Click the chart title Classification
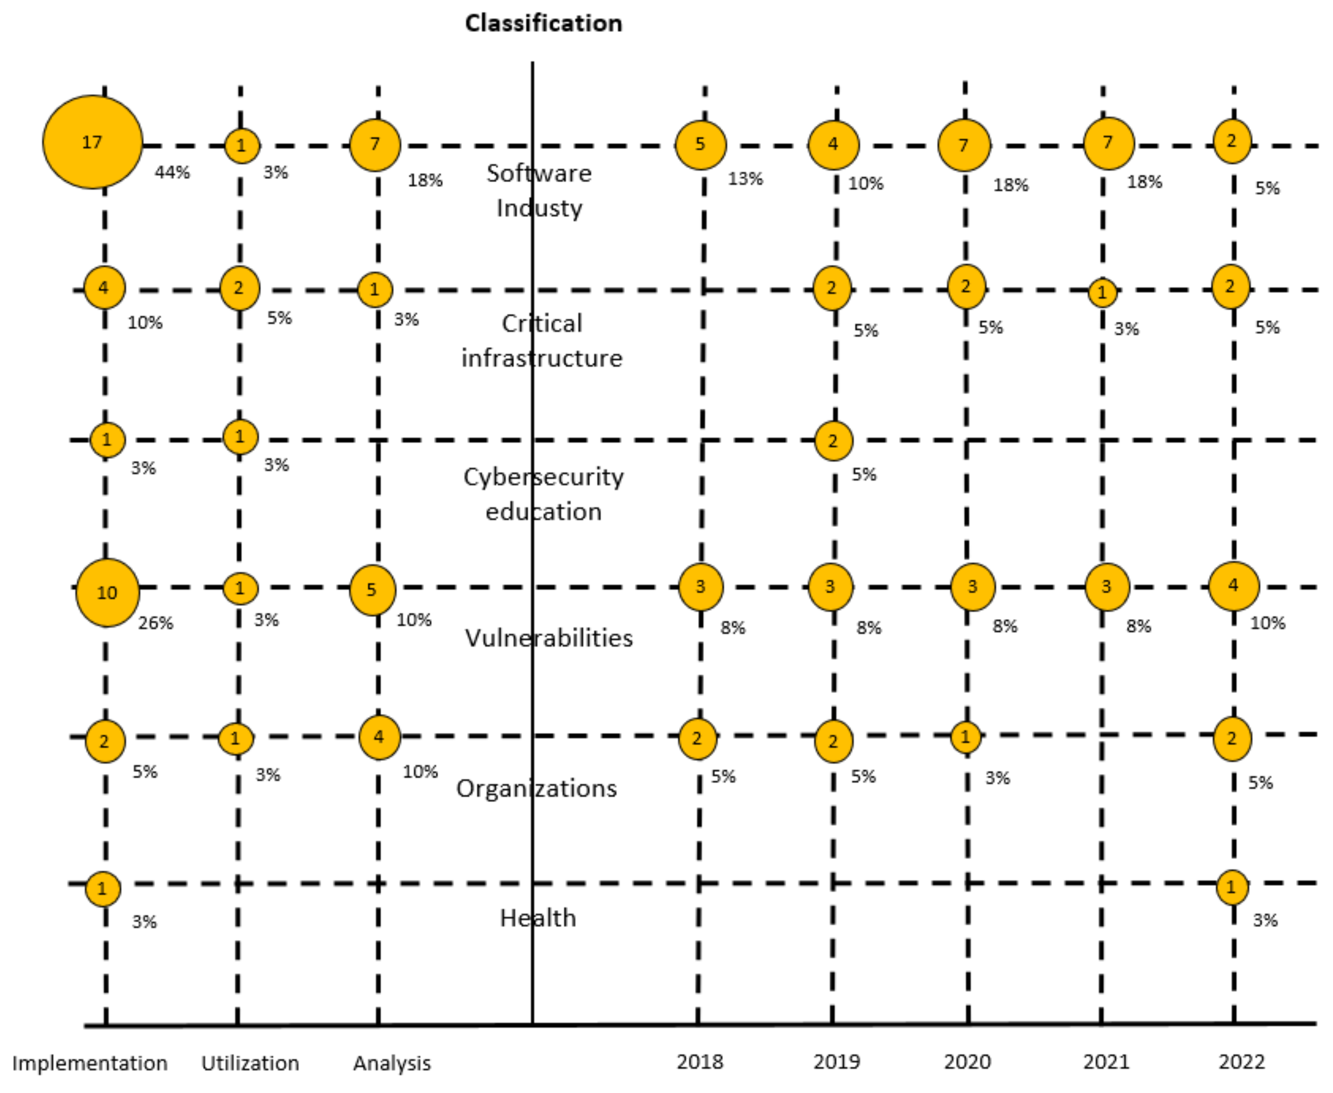tap(543, 23)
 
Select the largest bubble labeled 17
tap(92, 142)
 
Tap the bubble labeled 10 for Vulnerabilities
tap(107, 592)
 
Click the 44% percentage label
tap(172, 172)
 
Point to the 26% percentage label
tap(156, 623)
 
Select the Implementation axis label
tap(90, 1063)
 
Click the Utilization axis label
tap(250, 1063)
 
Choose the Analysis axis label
tap(391, 1063)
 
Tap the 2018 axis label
tap(699, 1061)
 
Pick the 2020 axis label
tap(967, 1061)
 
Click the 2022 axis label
tap(1241, 1061)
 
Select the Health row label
tap(538, 918)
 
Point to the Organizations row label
tap(537, 788)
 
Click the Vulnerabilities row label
tap(548, 638)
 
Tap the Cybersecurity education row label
tap(543, 494)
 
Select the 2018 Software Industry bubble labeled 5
tap(700, 145)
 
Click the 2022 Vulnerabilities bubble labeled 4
tap(1233, 586)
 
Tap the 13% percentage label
tap(745, 179)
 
